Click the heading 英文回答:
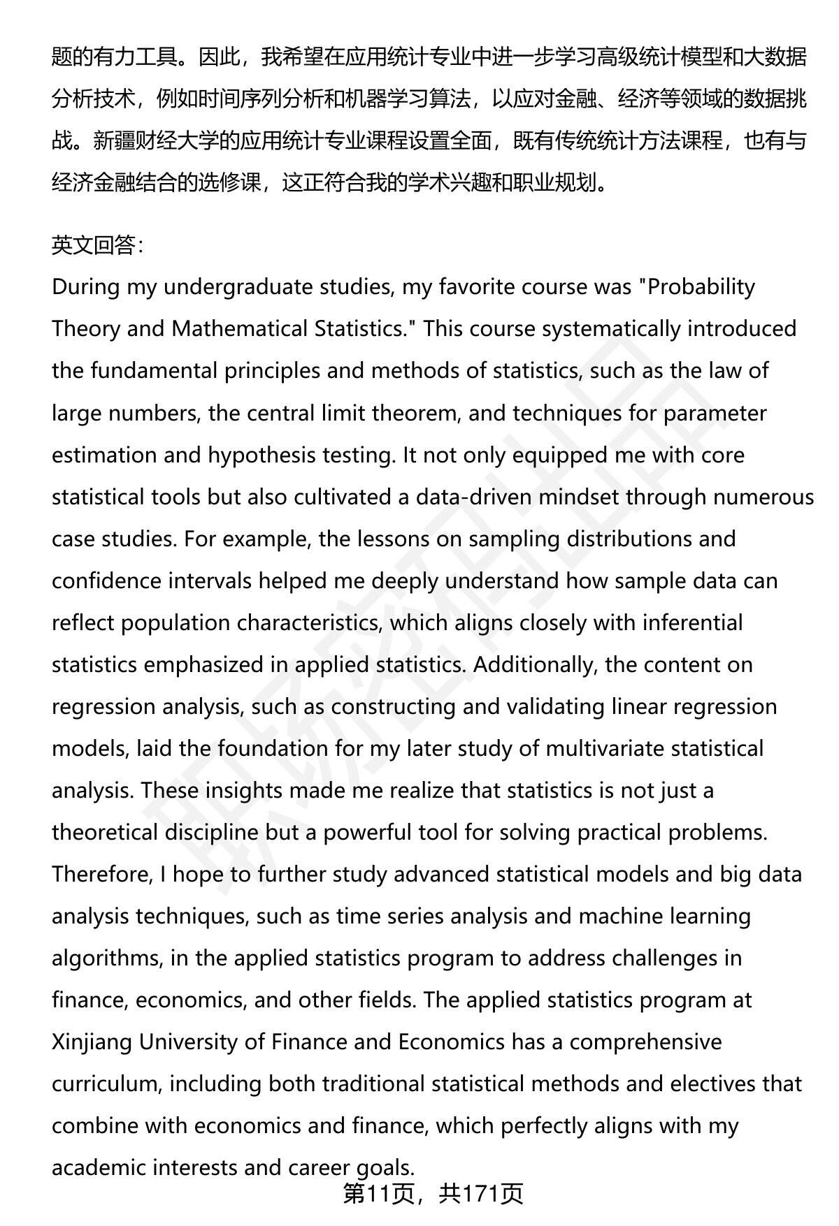[97, 245]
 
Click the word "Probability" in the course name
[701, 287]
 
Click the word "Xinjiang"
[92, 1042]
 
